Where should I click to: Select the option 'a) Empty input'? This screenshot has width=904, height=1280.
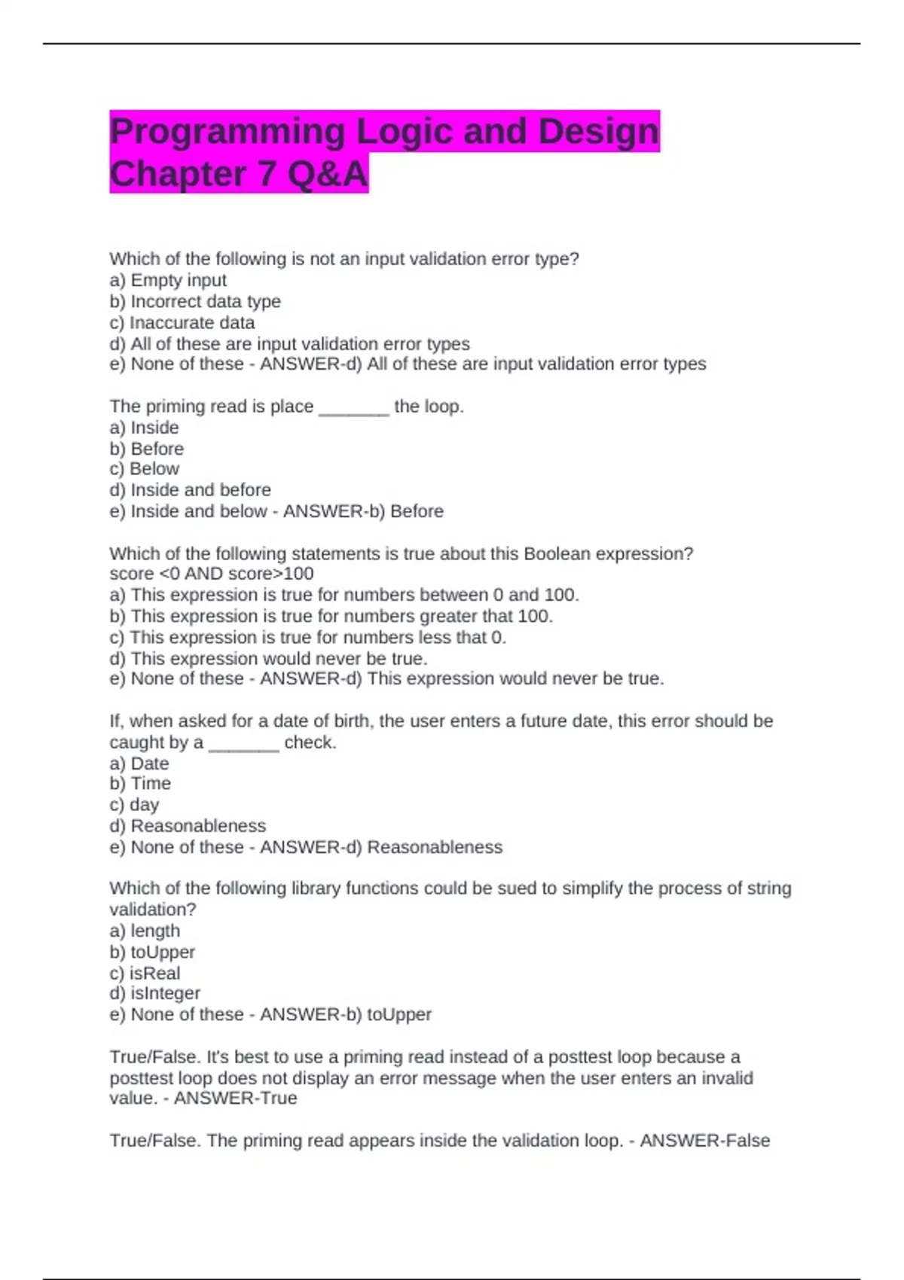168,280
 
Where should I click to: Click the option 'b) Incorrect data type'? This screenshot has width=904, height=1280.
195,301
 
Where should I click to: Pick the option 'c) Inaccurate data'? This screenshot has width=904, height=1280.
182,322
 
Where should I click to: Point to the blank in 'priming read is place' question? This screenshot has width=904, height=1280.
354,408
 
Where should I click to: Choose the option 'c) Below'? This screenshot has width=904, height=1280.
145,468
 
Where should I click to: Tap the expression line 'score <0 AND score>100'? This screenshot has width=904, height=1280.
212,574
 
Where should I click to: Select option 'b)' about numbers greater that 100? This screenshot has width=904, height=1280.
331,616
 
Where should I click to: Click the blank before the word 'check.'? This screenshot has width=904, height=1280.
243,744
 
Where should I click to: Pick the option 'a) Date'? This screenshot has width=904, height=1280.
139,763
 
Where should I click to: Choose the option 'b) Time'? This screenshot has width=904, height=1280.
140,783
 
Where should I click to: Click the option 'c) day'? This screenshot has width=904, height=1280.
134,805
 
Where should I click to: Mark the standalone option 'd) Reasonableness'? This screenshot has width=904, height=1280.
188,826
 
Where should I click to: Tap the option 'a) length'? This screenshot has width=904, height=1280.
145,931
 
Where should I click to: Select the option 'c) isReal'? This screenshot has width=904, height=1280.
145,973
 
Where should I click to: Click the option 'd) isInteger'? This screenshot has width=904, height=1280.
155,993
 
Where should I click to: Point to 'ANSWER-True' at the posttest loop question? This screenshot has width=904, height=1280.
235,1099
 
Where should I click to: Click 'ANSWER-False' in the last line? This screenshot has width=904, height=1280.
704,1141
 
